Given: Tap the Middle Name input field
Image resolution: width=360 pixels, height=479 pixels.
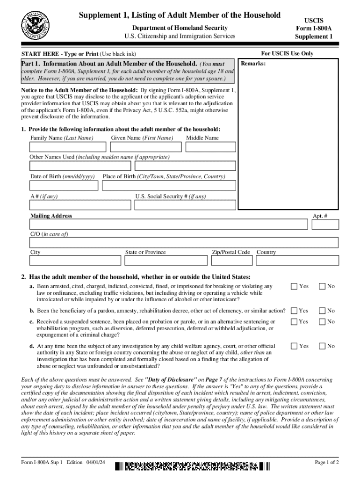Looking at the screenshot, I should pyautogui.click(x=210, y=147).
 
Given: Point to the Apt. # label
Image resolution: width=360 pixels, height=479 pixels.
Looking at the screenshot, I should pyautogui.click(x=320, y=216).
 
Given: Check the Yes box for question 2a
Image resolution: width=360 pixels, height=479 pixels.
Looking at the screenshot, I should pyautogui.click(x=294, y=286).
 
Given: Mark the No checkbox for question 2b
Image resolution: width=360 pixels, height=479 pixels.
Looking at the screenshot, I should pyautogui.click(x=322, y=311).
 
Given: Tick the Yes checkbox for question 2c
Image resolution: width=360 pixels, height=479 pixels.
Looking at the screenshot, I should pyautogui.click(x=294, y=321).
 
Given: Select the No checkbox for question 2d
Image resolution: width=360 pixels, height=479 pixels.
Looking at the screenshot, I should pyautogui.click(x=322, y=346).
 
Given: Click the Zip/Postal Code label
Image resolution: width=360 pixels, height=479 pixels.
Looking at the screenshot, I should pyautogui.click(x=231, y=252).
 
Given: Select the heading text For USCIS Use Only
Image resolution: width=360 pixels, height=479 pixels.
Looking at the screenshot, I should pyautogui.click(x=287, y=54).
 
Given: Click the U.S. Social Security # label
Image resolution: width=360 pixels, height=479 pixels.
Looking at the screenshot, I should pyautogui.click(x=170, y=196).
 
